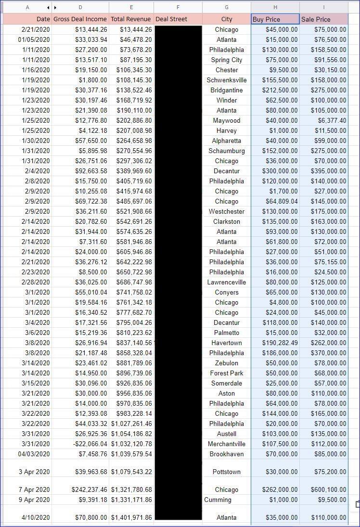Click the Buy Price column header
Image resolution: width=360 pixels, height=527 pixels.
tap(266, 19)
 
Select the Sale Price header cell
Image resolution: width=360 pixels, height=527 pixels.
tap(316, 19)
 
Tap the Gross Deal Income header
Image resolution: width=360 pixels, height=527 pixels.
tap(80, 19)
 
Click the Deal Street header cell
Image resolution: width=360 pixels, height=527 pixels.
tap(171, 19)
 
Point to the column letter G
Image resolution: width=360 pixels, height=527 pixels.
tap(227, 7)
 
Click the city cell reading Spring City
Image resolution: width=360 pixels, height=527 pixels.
tap(227, 60)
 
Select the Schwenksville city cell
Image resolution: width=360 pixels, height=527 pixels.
tap(227, 80)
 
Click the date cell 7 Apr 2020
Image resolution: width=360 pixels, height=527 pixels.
tap(34, 489)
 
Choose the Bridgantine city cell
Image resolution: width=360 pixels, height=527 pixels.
tap(227, 90)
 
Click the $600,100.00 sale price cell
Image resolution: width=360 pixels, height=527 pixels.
tap(324, 489)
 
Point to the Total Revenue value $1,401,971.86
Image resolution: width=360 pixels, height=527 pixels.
tap(131, 518)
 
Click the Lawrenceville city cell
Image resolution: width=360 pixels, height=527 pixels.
tap(227, 283)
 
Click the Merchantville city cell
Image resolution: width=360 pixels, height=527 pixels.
tap(227, 444)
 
